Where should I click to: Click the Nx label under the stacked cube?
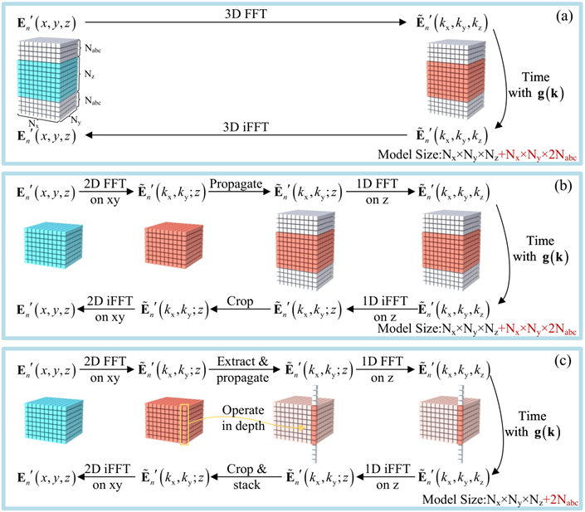pyautogui.click(x=31, y=122)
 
